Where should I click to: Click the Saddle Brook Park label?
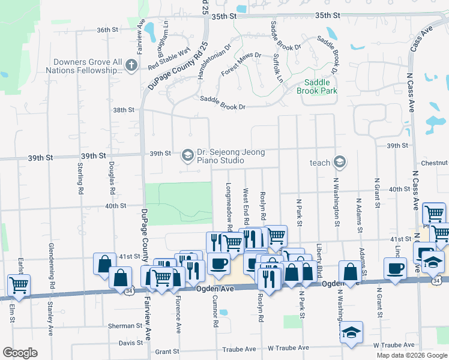pyautogui.click(x=316, y=86)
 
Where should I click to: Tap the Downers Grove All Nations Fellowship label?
pyautogui.click(x=88, y=66)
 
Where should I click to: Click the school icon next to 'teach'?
pyautogui.click(x=340, y=162)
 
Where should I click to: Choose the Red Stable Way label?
pyautogui.click(x=169, y=57)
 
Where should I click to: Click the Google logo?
pyautogui.click(x=20, y=353)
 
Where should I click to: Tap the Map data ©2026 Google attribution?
pyautogui.click(x=411, y=355)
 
